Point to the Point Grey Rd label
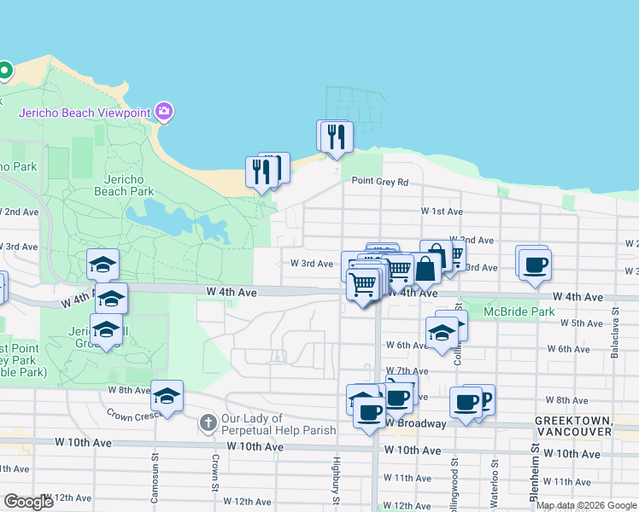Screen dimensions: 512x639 (x=380, y=181)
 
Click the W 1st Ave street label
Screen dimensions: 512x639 (x=442, y=211)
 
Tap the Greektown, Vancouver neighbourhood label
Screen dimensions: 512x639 (x=573, y=427)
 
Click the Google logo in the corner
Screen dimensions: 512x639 (x=28, y=501)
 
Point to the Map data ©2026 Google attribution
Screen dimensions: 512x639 (x=586, y=505)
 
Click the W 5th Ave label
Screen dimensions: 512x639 (x=582, y=323)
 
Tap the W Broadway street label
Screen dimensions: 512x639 (x=415, y=423)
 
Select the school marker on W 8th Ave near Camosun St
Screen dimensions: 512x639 (x=167, y=396)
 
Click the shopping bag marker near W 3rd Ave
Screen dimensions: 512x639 (x=425, y=267)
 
